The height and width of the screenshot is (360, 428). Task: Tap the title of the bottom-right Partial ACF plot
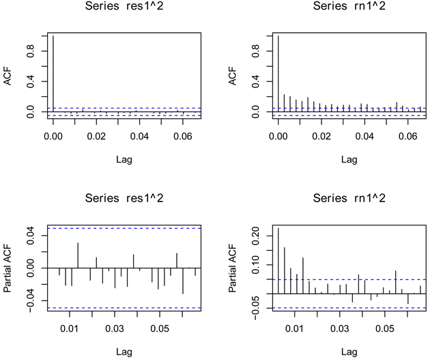point(349,199)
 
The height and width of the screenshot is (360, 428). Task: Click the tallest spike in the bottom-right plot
point(279,260)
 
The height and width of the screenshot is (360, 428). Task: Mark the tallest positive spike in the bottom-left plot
point(78,255)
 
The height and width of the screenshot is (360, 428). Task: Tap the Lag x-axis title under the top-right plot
point(349,160)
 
